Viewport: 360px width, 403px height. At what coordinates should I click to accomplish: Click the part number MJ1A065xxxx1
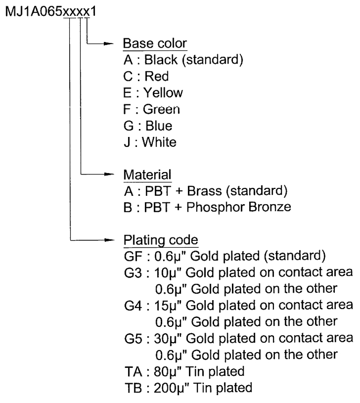click(x=50, y=12)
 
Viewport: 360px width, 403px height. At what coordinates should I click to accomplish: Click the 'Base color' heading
click(x=155, y=43)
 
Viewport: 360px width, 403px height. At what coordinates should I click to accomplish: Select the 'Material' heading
click(x=147, y=175)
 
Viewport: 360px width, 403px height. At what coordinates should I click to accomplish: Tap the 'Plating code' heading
click(x=161, y=240)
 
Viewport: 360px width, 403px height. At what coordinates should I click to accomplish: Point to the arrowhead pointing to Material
click(x=109, y=174)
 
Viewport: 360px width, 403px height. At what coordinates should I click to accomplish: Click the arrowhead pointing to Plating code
click(x=109, y=240)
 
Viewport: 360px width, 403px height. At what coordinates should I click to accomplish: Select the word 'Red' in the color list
click(x=157, y=76)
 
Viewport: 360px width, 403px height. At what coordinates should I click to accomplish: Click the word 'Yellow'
click(x=163, y=93)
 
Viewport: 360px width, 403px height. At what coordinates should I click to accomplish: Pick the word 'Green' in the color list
click(x=161, y=109)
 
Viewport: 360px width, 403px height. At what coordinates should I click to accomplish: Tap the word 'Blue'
click(x=159, y=126)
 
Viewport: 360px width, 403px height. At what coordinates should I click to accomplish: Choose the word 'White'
click(x=159, y=142)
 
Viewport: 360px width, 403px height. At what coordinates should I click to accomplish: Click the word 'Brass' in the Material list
click(x=204, y=191)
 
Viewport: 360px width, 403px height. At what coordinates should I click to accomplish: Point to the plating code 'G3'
click(x=133, y=273)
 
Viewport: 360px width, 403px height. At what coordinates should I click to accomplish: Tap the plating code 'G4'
click(x=133, y=306)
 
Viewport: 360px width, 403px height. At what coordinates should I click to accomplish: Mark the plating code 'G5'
click(x=133, y=338)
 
